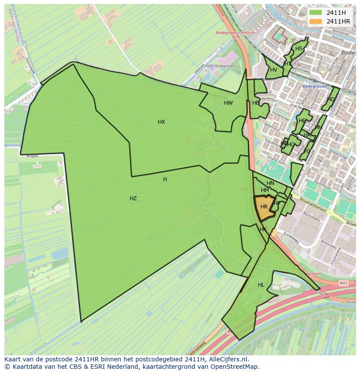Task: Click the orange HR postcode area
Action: click(x=264, y=207)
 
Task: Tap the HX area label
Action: click(x=161, y=122)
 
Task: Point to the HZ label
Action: click(x=133, y=199)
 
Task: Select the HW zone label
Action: click(x=228, y=103)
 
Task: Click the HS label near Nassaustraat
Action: click(x=299, y=49)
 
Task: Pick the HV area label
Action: click(x=273, y=70)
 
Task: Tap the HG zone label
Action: click(x=331, y=99)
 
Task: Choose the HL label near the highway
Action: click(x=261, y=285)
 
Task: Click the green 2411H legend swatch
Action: click(x=316, y=13)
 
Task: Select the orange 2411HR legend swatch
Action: click(x=316, y=21)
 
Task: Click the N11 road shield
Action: click(x=343, y=283)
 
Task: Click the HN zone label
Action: click(x=270, y=183)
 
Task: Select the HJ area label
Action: click(x=307, y=151)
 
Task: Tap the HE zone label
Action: click(x=302, y=121)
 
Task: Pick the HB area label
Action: click(x=256, y=103)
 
